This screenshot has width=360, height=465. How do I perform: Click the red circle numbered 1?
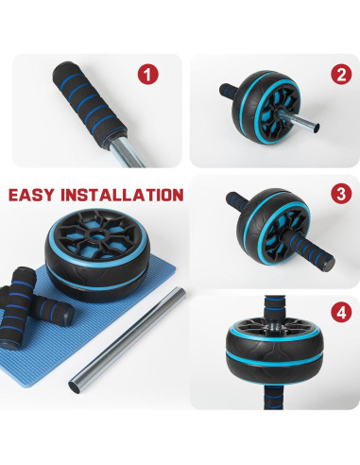point(148,75)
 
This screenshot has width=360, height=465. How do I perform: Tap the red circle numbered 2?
point(341,75)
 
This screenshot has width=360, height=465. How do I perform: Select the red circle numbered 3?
point(341,193)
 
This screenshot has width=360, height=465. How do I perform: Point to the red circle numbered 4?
point(341,312)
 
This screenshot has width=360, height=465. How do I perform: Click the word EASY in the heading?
point(31,195)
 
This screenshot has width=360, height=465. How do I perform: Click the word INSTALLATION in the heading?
point(122,195)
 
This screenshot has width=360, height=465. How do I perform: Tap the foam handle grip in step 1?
point(89,104)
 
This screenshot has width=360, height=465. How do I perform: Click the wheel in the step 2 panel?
point(266,108)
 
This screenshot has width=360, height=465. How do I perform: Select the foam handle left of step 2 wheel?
point(229,92)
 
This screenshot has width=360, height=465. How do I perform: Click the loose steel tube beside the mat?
point(128,340)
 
